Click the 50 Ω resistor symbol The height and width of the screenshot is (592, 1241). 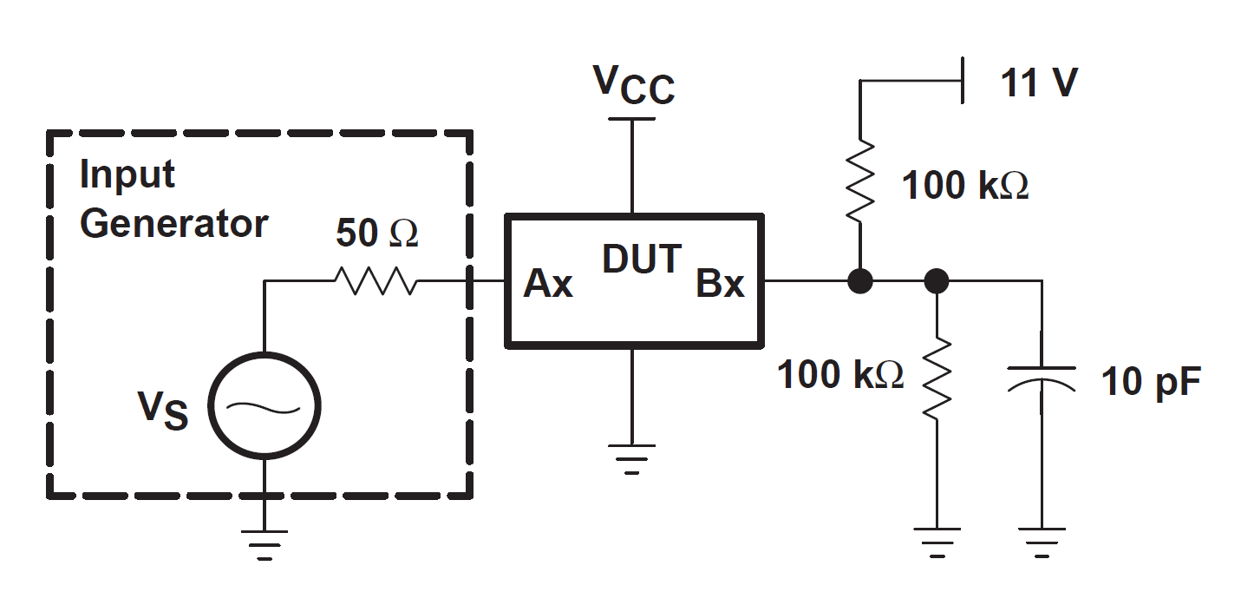coord(376,280)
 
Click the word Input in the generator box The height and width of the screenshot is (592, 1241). coord(127,175)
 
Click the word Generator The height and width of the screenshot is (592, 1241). coord(173,224)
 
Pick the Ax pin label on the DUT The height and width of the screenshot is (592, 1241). coord(548,284)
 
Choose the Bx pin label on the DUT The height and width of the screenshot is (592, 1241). coord(720,284)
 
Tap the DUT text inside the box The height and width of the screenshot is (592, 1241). coord(642,259)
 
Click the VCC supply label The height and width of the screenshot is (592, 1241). coord(634,84)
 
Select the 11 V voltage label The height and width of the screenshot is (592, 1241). coord(1039,83)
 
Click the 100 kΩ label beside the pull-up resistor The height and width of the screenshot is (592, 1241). coord(965,186)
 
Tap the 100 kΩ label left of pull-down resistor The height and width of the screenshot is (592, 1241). coord(839,375)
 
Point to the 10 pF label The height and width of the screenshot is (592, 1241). coord(1152,381)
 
